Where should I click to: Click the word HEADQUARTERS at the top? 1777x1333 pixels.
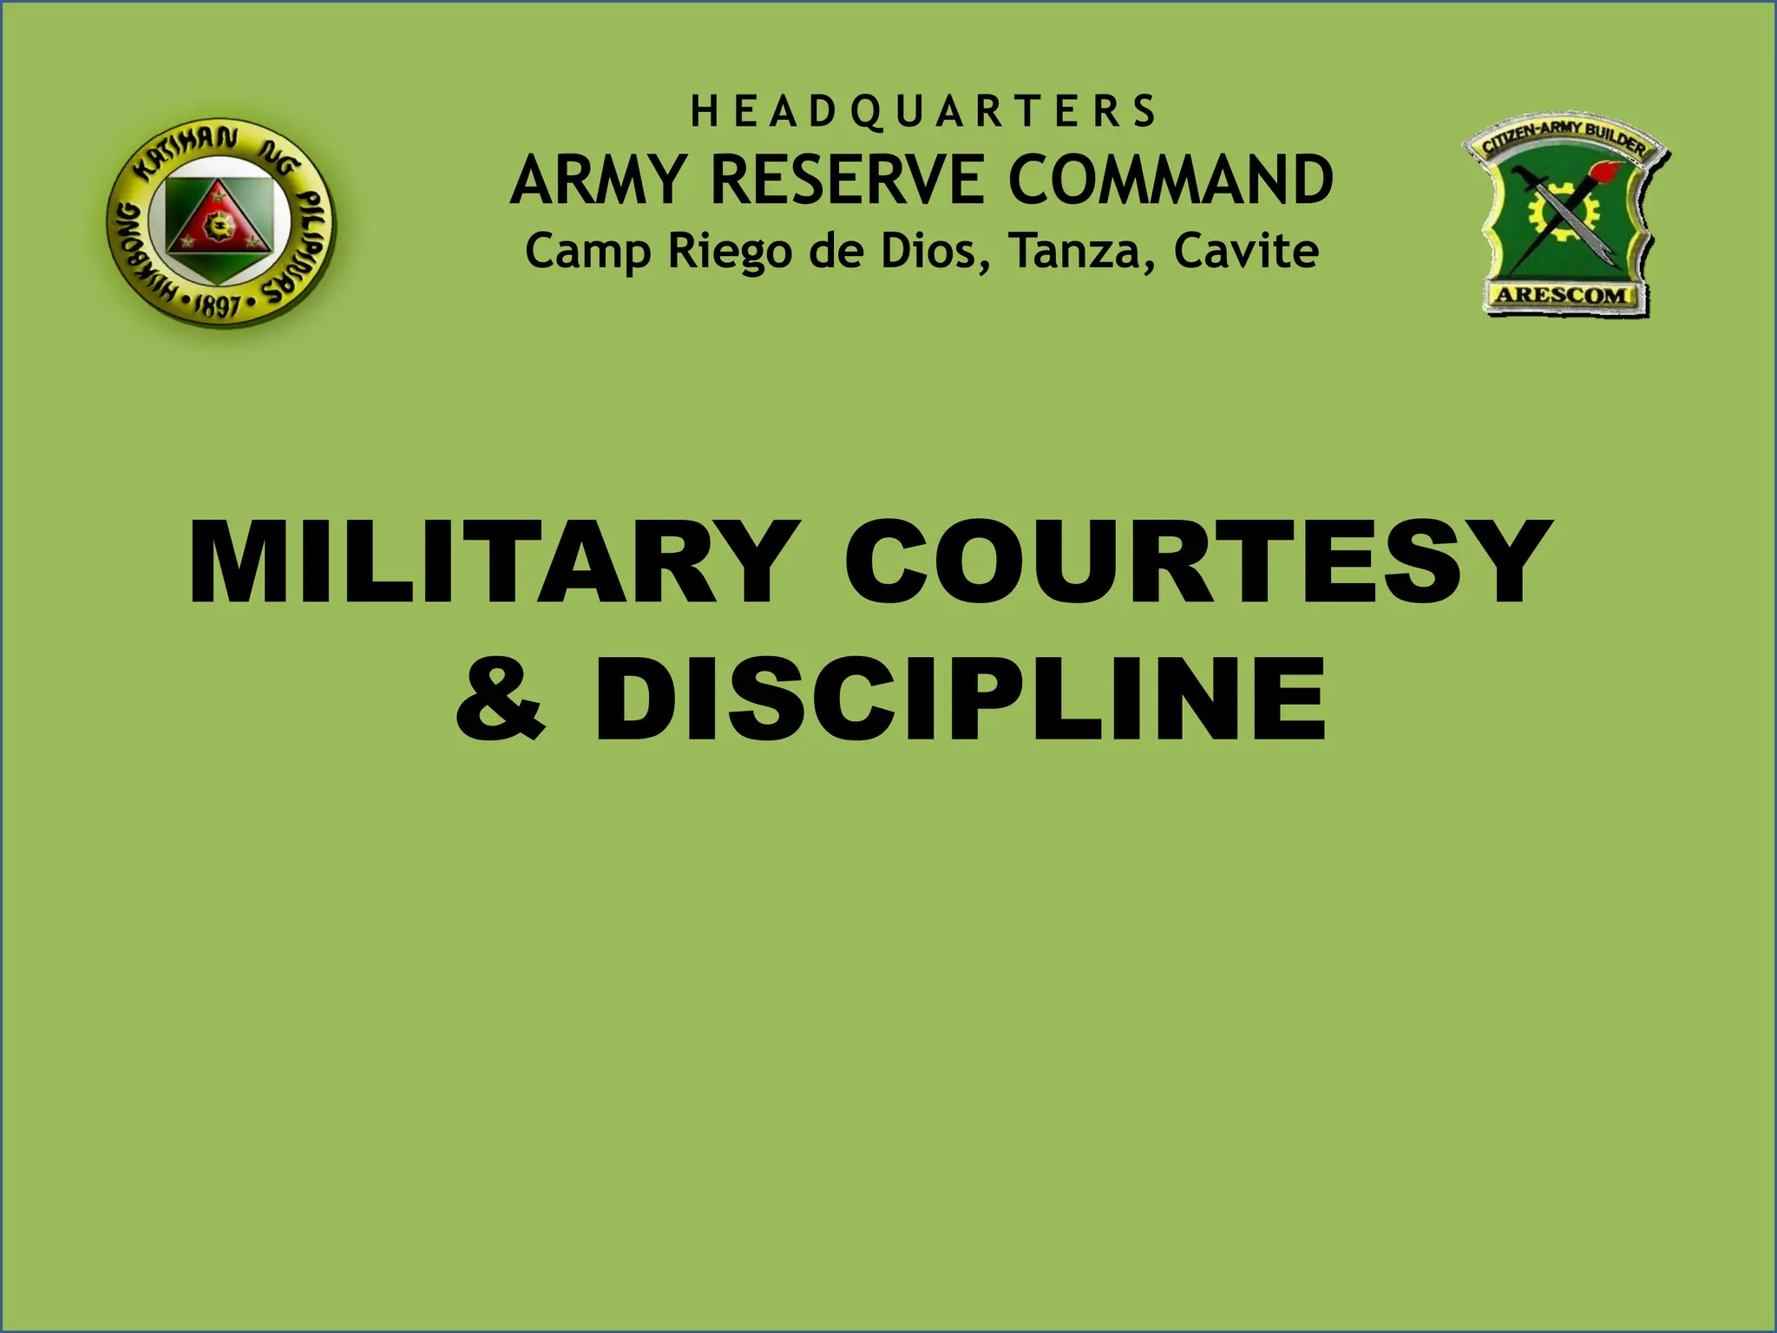pyautogui.click(x=923, y=112)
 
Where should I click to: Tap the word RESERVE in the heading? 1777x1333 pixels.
pyautogui.click(x=847, y=181)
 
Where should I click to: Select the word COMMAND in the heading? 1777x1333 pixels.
pyautogui.click(x=1170, y=181)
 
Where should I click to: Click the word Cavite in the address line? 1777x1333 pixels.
pyautogui.click(x=1246, y=251)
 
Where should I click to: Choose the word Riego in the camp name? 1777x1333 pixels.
pyautogui.click(x=730, y=253)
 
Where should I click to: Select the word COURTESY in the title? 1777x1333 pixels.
pyautogui.click(x=1197, y=561)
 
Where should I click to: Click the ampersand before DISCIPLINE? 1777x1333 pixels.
pyautogui.click(x=501, y=701)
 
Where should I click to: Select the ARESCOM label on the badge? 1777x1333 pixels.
pyautogui.click(x=1563, y=295)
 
